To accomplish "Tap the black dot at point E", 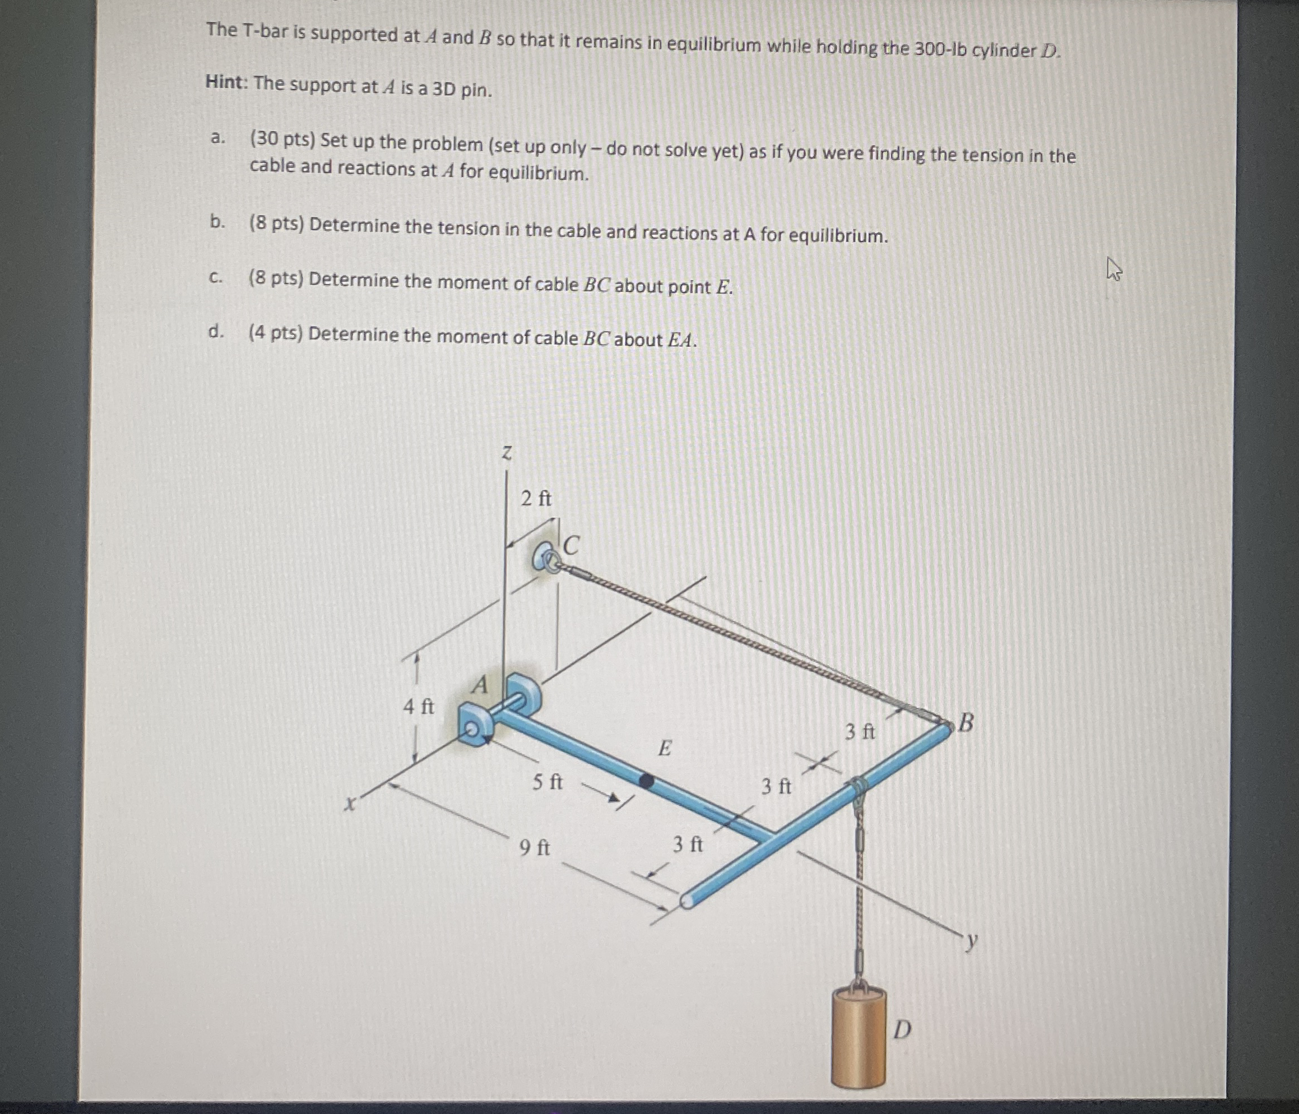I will (x=646, y=780).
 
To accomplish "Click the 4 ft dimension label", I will (x=418, y=707).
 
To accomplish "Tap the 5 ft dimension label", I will (x=548, y=782).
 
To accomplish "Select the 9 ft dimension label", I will (x=534, y=848).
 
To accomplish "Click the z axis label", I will (x=507, y=453).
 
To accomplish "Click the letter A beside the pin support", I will (x=480, y=685).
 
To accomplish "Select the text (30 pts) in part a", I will (x=281, y=139).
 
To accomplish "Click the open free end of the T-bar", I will (x=686, y=901).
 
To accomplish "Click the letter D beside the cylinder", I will (x=902, y=1029).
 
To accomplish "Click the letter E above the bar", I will (x=665, y=748).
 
